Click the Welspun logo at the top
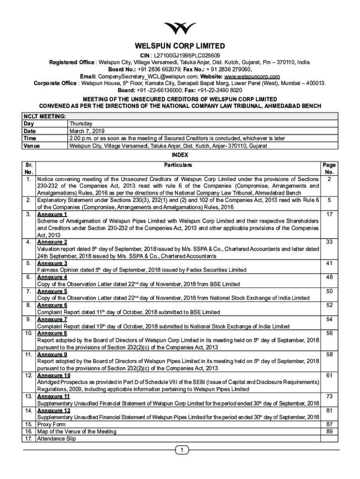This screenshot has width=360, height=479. tap(180, 29)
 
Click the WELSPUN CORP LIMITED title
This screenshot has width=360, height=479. tap(180, 46)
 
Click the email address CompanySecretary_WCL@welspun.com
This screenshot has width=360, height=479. tap(148, 76)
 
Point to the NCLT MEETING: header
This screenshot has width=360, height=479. tap(44, 116)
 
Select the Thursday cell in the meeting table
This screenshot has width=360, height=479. tap(80, 123)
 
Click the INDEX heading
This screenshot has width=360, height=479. tap(180, 154)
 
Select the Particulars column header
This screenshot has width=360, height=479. tap(178, 165)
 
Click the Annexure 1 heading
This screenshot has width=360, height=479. tap(52, 214)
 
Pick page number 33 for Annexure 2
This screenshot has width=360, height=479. tap(329, 242)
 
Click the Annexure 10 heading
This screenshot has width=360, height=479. tap(54, 375)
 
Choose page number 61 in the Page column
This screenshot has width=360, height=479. tap(329, 375)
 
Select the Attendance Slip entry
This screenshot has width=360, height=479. tap(56, 439)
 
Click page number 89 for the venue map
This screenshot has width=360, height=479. tap(329, 431)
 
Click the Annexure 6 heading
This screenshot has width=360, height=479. tap(52, 305)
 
